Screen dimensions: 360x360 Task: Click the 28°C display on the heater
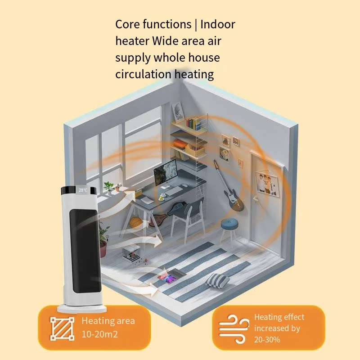[x=83, y=190]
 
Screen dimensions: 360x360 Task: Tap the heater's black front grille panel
[x=85, y=243]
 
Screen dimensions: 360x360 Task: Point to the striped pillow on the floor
[x=218, y=281]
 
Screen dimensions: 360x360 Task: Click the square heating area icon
[x=62, y=328]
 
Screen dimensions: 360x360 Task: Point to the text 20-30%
[x=267, y=339]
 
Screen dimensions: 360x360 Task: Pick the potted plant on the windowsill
[x=108, y=186]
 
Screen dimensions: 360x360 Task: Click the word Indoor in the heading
[x=218, y=24]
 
